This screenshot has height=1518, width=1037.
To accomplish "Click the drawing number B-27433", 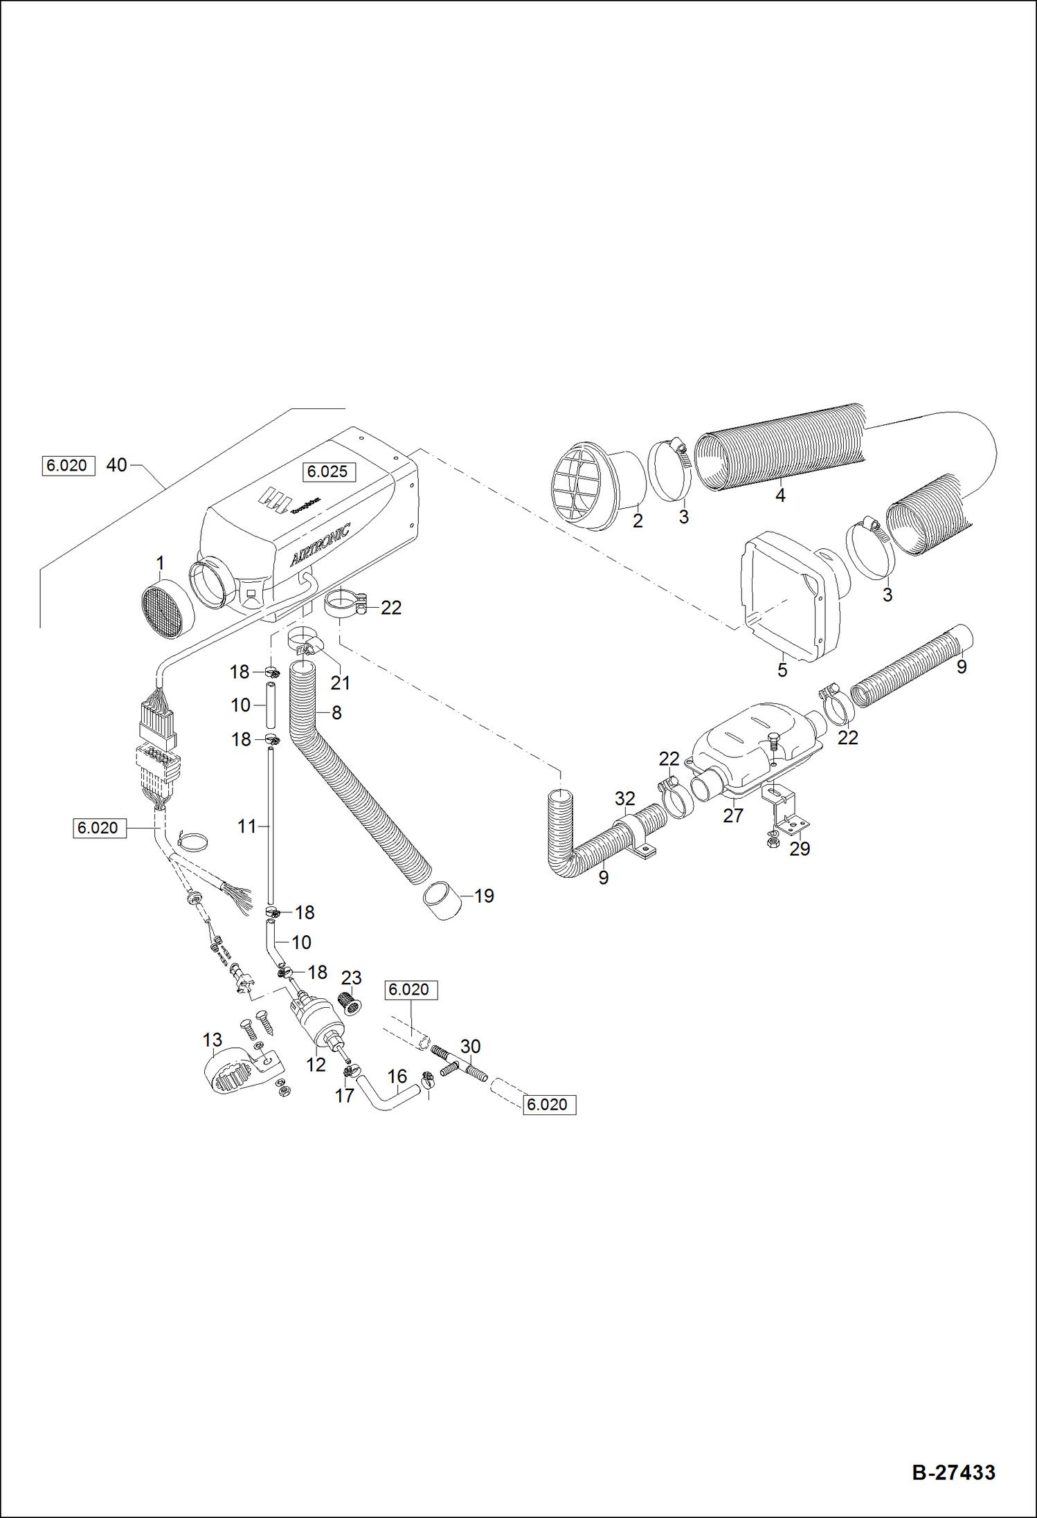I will click(953, 1472).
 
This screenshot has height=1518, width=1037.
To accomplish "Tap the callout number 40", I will click(116, 465).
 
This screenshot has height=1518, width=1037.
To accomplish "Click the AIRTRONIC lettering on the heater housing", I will click(320, 545).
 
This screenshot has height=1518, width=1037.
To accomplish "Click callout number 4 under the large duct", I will click(780, 496).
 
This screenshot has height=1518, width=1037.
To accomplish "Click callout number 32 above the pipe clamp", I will click(624, 799).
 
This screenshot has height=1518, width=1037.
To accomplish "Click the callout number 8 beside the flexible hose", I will click(336, 712).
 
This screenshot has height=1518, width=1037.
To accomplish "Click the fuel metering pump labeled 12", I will click(318, 1020).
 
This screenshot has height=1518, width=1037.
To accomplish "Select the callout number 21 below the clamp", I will click(340, 683).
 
